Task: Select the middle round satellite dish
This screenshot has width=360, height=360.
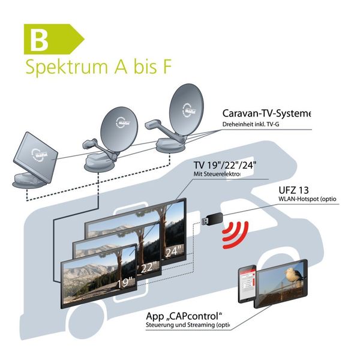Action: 118,129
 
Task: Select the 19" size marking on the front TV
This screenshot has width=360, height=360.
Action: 125,281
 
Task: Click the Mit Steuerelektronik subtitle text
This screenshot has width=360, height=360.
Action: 216,175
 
